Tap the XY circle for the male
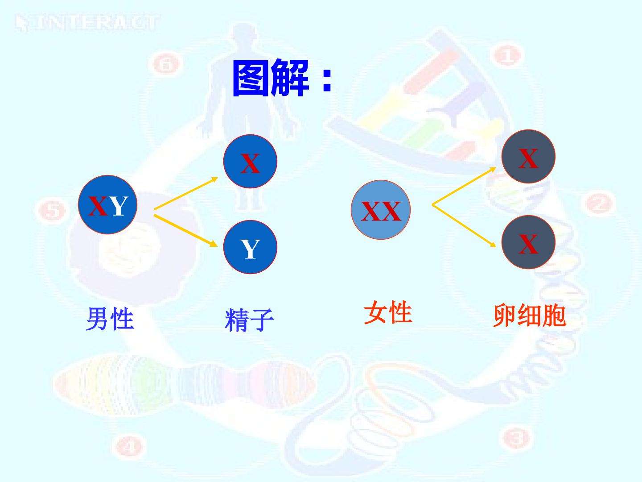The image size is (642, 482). click(107, 204)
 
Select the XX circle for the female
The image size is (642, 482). click(381, 210)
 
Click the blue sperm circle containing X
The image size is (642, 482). click(250, 161)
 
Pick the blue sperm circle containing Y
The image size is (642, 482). click(250, 247)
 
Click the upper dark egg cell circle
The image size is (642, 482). click(528, 157)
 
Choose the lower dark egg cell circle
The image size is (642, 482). click(528, 242)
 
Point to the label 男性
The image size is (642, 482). click(110, 319)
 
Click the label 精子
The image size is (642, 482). click(249, 320)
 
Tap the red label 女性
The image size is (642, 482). click(388, 312)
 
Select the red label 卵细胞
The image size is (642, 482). click(529, 316)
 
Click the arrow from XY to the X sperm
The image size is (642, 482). click(186, 193)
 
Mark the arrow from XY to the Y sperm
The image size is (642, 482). click(186, 231)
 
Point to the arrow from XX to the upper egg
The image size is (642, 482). click(464, 186)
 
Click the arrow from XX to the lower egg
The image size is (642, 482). click(464, 226)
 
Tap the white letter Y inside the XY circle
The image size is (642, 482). click(119, 206)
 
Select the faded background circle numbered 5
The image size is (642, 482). click(52, 210)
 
